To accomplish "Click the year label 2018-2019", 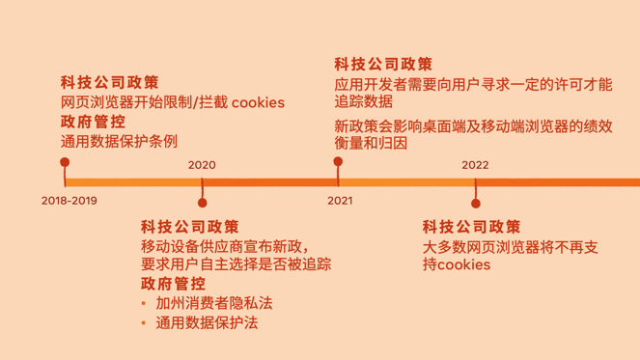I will pos(70,202).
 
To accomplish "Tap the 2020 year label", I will pos(202,165).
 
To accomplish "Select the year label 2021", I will pos(340,202).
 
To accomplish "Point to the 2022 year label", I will pos(475,165).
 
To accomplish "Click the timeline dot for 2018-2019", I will pos(65,162).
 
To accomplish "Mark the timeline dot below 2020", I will pos(202,203).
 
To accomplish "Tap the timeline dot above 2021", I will pos(338,162).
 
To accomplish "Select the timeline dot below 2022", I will pos(476,203).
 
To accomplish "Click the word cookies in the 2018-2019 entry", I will pos(258,102).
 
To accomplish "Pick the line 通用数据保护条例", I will pos(119,141).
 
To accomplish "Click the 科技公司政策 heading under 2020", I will pos(189,227).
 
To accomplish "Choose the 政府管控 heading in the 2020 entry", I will pos(173,284).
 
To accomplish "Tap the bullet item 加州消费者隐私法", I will pos(213,303).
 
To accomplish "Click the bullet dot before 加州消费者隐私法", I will pos(144,304).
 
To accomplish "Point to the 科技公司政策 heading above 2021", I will pos(383,65).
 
